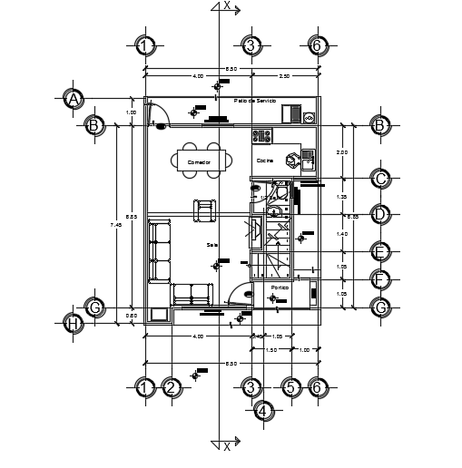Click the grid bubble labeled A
point(74,99)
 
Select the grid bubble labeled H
point(74,323)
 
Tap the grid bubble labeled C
point(381,179)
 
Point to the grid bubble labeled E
point(381,250)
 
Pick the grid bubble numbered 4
point(263,413)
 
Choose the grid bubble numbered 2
point(171,388)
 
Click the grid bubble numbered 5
point(290,388)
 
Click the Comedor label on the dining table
point(199,161)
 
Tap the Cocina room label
point(264,161)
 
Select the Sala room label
point(211,244)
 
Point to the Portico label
point(280,288)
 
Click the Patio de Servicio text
point(254,101)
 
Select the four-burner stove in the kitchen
point(262,136)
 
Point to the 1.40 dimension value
point(341,234)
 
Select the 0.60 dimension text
point(133,316)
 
